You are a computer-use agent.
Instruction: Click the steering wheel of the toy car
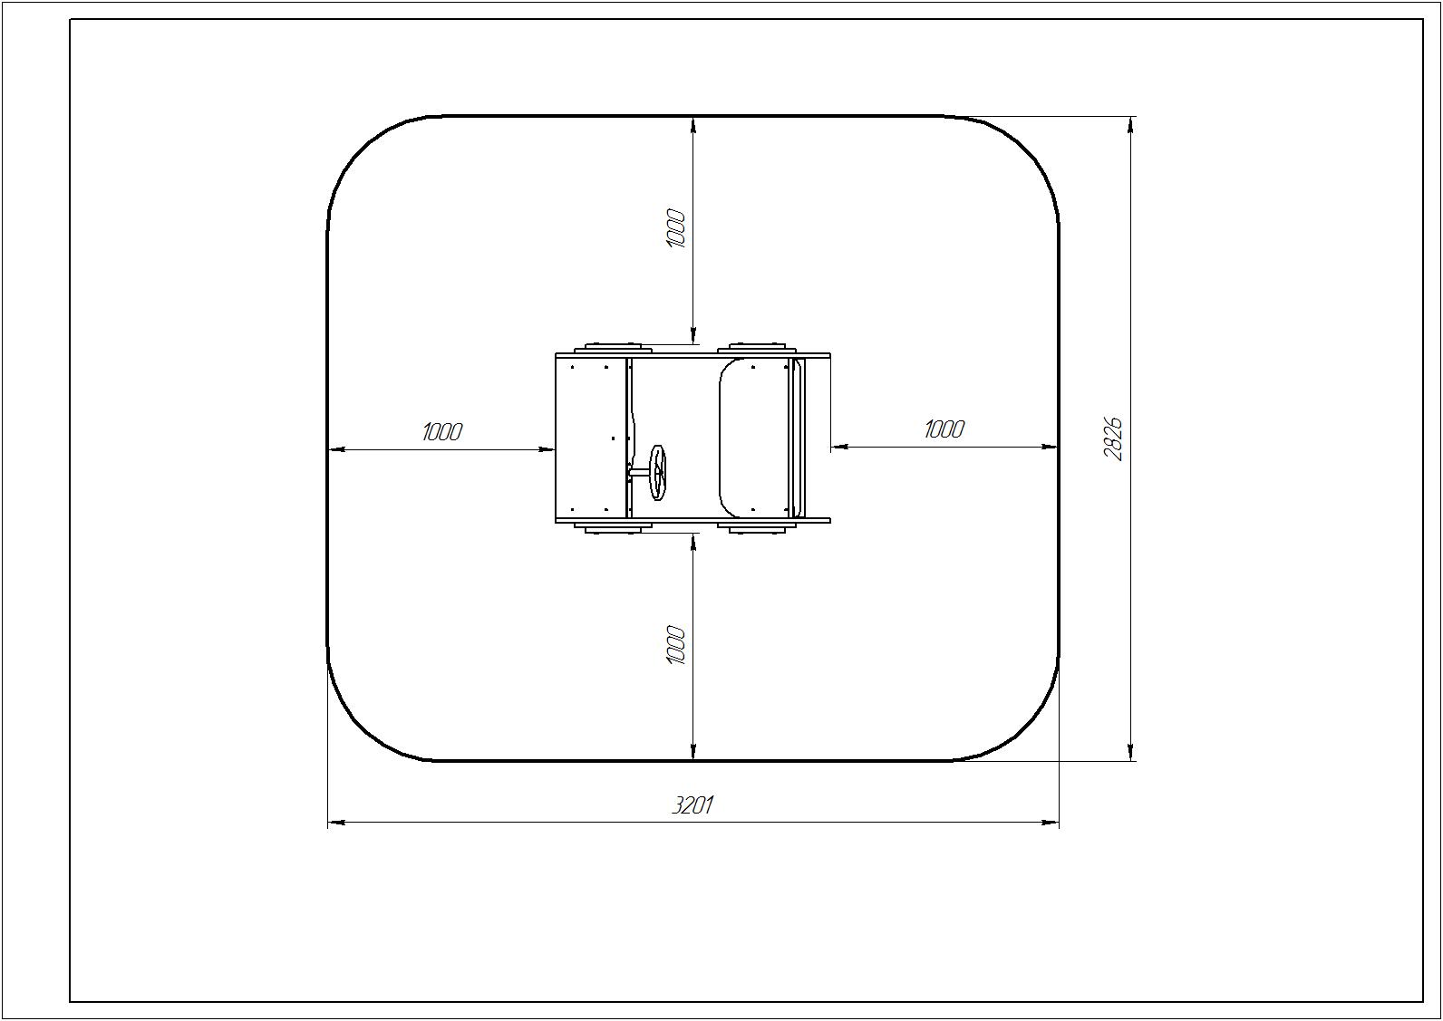coord(658,473)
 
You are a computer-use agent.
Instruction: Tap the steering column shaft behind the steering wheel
coord(640,473)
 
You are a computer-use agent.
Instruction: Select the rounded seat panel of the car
coord(754,438)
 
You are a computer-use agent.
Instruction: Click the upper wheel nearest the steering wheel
coord(614,348)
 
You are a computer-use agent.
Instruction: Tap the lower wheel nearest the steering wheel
coord(614,528)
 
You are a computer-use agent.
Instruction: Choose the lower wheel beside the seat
coord(753,528)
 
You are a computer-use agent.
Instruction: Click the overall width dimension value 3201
coord(692,805)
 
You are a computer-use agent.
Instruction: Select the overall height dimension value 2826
coord(1112,439)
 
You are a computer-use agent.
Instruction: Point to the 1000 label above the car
coord(675,228)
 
